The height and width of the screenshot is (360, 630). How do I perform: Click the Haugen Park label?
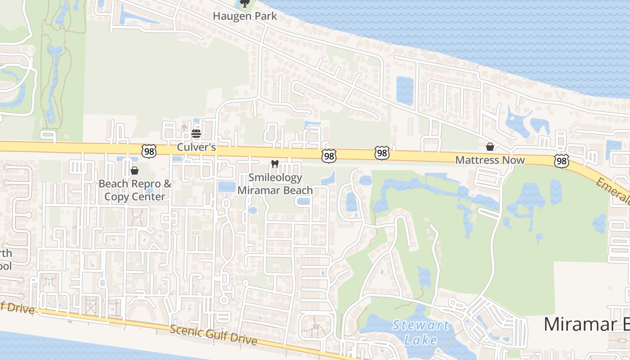click(x=245, y=16)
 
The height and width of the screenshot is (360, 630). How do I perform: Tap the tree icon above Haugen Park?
click(x=245, y=4)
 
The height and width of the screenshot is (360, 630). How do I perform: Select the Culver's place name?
click(x=196, y=147)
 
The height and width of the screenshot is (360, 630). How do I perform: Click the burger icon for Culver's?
click(x=196, y=134)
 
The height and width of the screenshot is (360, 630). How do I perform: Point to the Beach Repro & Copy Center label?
click(x=135, y=190)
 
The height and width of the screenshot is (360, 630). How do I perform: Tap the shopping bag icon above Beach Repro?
click(x=134, y=171)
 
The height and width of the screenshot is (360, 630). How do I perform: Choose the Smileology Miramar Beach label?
click(x=275, y=184)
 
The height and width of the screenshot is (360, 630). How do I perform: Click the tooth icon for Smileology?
click(x=275, y=164)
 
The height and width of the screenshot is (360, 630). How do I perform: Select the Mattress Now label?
click(x=490, y=160)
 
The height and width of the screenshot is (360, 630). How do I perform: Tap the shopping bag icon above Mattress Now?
click(x=490, y=147)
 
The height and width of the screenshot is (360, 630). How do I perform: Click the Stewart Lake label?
click(x=420, y=332)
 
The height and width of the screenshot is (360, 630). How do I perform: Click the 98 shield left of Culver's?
click(x=148, y=151)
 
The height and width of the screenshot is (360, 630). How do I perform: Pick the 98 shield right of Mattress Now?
click(x=562, y=161)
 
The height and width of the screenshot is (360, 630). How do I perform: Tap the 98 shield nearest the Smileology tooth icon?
click(x=329, y=156)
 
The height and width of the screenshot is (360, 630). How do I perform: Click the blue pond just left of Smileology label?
click(x=227, y=187)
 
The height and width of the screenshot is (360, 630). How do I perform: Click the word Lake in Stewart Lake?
click(x=420, y=340)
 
